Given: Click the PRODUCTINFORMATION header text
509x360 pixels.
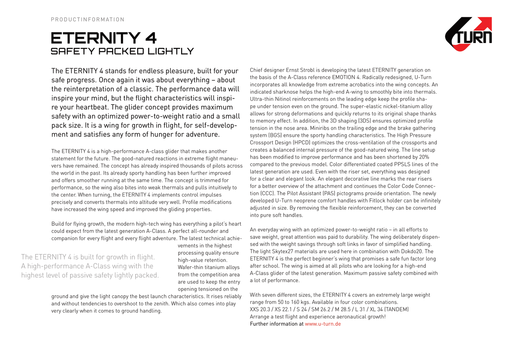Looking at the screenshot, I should (88, 19).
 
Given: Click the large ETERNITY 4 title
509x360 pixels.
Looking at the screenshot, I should (104, 38).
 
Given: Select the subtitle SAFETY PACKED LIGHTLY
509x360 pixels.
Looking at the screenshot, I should (122, 51).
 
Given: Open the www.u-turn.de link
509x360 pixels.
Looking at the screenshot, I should (323, 324).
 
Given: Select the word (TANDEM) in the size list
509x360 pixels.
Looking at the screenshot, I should (396, 310).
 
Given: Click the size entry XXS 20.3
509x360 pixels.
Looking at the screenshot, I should (260, 310).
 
